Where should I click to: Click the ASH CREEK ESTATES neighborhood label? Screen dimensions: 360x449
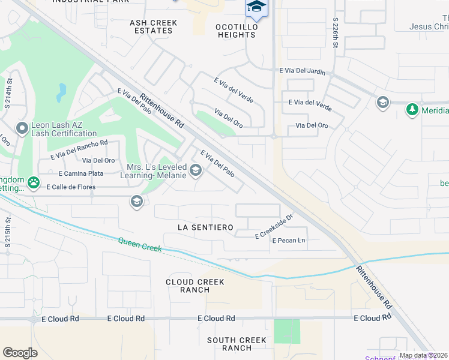click(154, 26)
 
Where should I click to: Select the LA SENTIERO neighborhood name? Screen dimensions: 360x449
click(205, 227)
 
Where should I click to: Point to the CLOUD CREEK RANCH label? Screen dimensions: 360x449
click(195, 286)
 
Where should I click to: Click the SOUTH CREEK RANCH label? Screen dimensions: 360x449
click(237, 344)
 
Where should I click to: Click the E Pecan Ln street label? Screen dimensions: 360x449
click(289, 241)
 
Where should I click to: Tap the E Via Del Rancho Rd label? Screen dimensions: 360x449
click(79, 149)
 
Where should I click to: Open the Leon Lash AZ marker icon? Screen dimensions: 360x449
click(22, 128)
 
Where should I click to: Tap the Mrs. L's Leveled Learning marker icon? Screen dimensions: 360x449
click(195, 172)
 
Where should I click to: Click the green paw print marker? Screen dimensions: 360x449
click(34, 183)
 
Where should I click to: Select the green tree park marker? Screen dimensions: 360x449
click(412, 110)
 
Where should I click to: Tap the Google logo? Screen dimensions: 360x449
click(20, 352)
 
